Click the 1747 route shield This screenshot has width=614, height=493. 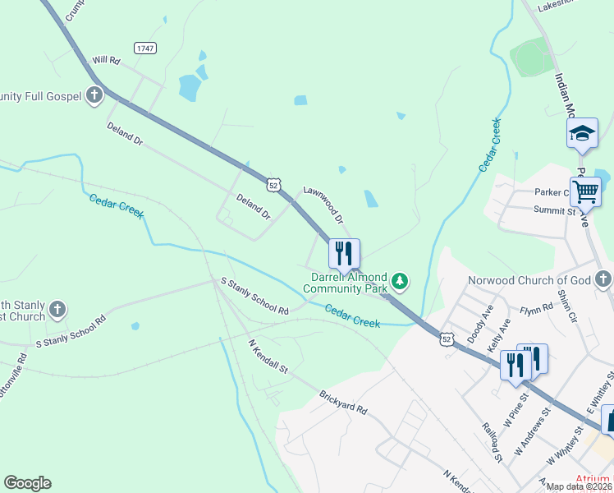pyautogui.click(x=145, y=49)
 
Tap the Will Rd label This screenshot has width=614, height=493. pyautogui.click(x=106, y=61)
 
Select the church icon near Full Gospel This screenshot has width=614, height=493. pyautogui.click(x=94, y=95)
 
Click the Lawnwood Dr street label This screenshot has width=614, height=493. pyautogui.click(x=323, y=204)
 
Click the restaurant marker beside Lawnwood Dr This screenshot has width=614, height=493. pyautogui.click(x=344, y=253)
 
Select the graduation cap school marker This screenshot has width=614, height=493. pyautogui.click(x=582, y=133)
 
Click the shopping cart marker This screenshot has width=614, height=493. pyautogui.click(x=585, y=191)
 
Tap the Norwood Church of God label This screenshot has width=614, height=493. pyautogui.click(x=529, y=280)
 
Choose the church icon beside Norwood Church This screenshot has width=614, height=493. pyautogui.click(x=604, y=279)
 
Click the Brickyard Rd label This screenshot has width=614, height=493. pyautogui.click(x=342, y=403)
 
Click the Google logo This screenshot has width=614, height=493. pyautogui.click(x=27, y=483)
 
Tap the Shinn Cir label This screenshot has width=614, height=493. pyautogui.click(x=563, y=306)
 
